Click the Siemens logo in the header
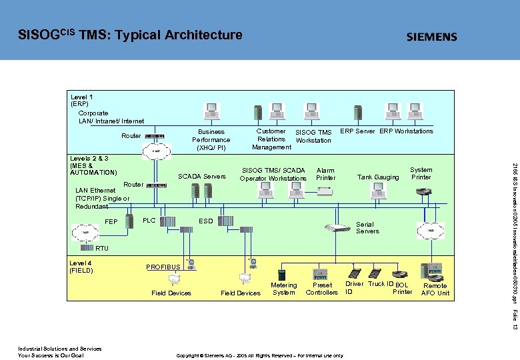coord(432,37)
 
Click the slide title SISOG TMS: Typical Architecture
coord(130,35)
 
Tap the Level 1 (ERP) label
coord(82,100)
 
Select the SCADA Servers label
coord(202,177)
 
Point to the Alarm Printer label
coord(326,174)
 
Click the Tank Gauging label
coord(378,177)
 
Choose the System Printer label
coord(421,173)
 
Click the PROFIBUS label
coord(163,267)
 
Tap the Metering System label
coord(284,289)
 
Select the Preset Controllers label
coord(322,289)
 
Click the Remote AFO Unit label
coord(435,289)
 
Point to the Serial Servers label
coord(367,228)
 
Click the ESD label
coord(207,221)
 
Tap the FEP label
coord(111,222)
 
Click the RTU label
coord(101,249)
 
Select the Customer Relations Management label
coord(271,139)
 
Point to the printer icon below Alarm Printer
coord(325,191)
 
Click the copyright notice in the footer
coord(259,355)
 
